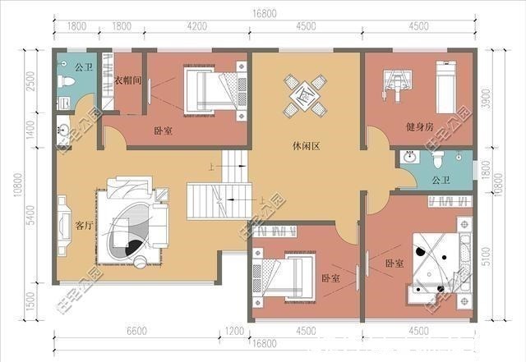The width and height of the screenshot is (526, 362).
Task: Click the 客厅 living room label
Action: tap(83, 225)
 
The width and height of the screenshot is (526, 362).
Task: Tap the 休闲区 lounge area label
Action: tap(305, 147)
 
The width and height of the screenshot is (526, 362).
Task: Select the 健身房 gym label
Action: tap(419, 128)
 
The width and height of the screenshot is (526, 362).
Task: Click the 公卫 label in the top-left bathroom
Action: tap(82, 66)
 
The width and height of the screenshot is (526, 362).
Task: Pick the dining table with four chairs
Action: tap(305, 96)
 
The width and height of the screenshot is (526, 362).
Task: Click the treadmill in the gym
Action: tap(446, 85)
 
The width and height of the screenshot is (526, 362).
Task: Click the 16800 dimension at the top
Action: tap(264, 13)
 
